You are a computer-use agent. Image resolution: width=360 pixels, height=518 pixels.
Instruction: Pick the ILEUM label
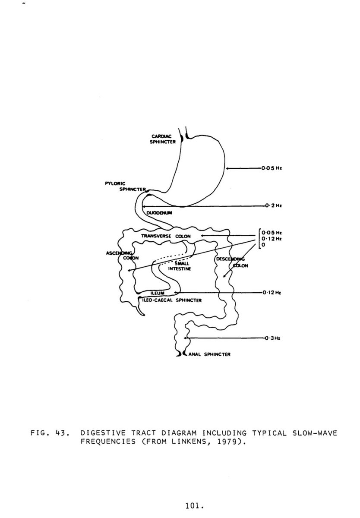click(156, 294)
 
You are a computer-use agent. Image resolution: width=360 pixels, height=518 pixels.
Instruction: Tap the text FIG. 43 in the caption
click(49, 433)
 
